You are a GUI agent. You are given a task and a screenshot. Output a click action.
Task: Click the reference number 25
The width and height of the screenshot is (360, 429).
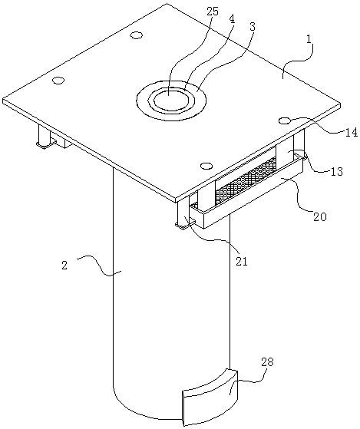[x=213, y=12]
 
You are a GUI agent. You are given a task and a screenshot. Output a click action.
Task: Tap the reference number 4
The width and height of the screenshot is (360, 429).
[x=232, y=20]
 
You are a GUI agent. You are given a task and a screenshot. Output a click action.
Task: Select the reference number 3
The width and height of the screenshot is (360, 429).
[x=252, y=27]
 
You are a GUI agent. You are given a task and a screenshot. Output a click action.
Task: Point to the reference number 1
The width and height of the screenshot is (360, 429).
[x=309, y=40]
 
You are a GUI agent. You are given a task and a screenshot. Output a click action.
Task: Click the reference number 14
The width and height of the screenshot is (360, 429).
[x=351, y=133]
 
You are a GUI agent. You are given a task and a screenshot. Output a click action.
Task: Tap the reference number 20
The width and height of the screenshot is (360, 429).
[x=320, y=216]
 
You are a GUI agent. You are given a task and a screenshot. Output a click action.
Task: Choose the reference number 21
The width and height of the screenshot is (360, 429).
[x=241, y=261]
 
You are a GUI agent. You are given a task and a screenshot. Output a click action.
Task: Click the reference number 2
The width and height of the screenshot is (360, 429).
[x=64, y=266]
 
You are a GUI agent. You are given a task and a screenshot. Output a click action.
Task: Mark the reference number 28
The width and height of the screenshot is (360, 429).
[x=267, y=362]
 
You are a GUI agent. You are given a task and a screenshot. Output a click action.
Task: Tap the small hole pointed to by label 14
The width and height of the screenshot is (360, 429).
[x=285, y=120]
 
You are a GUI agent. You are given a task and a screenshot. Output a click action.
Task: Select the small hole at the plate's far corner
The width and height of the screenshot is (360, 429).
[x=136, y=35]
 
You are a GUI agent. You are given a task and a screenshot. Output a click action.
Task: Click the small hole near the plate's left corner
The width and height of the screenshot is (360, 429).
[x=58, y=81]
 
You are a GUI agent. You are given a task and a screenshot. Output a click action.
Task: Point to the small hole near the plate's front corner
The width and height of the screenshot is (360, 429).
[x=206, y=166]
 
